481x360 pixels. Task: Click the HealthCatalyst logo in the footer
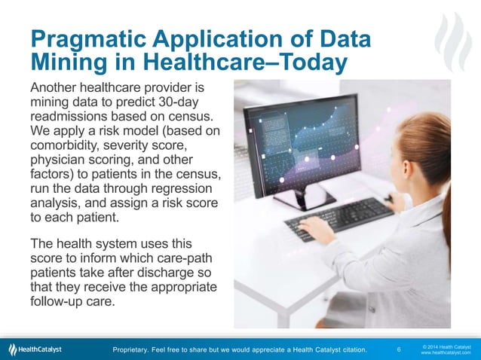35,349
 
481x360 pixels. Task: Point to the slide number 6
398,349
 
